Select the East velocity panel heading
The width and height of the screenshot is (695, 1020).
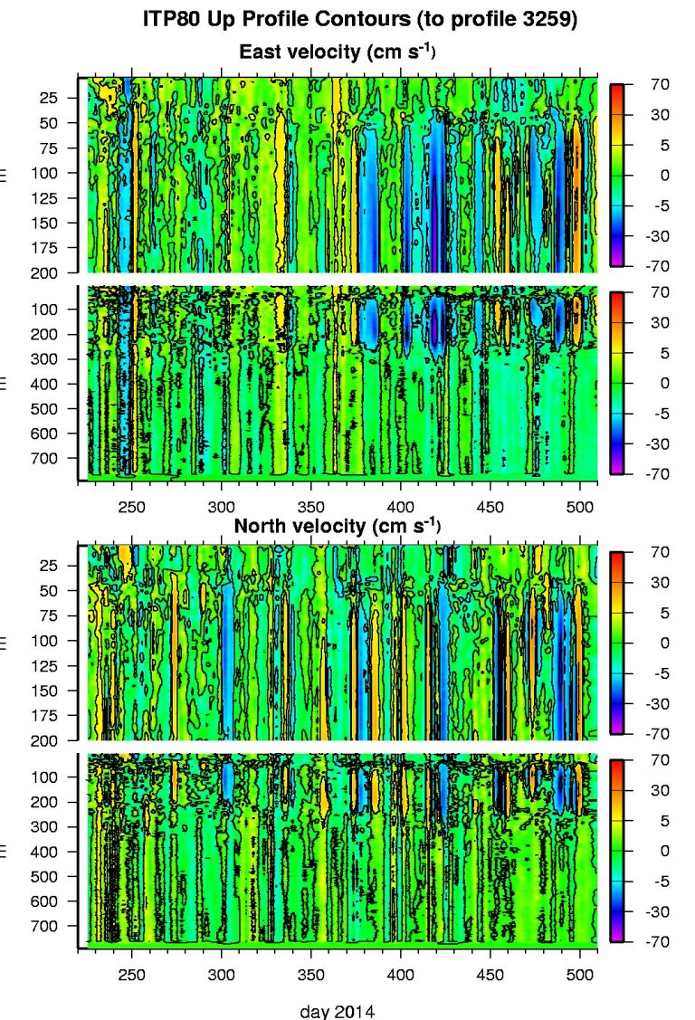tap(337, 52)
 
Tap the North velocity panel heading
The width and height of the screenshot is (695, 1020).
tap(337, 525)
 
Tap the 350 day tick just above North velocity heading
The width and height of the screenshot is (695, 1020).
tap(311, 506)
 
